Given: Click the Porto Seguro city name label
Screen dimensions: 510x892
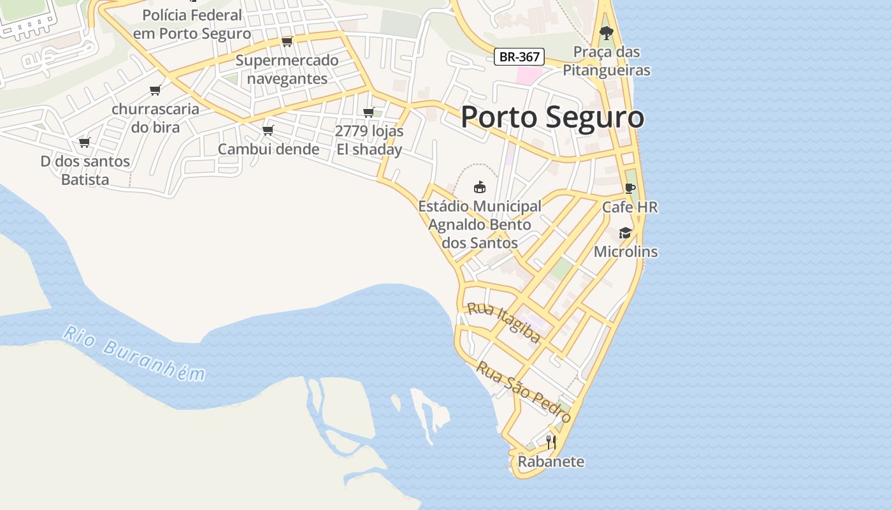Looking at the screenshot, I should pyautogui.click(x=552, y=118).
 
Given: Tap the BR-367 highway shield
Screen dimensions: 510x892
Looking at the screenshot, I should pyautogui.click(x=519, y=57).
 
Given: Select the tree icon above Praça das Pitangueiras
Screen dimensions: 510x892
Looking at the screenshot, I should pyautogui.click(x=606, y=33).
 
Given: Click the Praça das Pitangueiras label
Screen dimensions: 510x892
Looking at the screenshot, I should pyautogui.click(x=607, y=61).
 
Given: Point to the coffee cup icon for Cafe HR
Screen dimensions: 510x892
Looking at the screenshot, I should pyautogui.click(x=629, y=188).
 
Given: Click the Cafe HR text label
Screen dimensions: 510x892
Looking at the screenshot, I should pyautogui.click(x=629, y=207).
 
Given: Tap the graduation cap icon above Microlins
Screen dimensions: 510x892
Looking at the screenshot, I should pyautogui.click(x=625, y=233).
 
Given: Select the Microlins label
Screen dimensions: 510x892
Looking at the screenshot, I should pyautogui.click(x=625, y=252).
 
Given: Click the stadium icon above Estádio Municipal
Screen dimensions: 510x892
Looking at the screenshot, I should pyautogui.click(x=480, y=187).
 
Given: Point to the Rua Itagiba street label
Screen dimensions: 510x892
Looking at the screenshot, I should pyautogui.click(x=504, y=323).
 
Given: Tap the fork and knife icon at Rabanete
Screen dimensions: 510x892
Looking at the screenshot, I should pyautogui.click(x=551, y=442).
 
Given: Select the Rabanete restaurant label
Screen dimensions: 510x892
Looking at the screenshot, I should pyautogui.click(x=551, y=462).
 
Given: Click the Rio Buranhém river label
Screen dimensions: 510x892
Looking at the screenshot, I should pyautogui.click(x=134, y=353).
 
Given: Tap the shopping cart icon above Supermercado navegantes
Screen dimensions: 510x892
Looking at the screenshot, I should pyautogui.click(x=287, y=41).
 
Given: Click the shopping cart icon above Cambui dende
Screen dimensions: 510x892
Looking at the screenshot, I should pyautogui.click(x=268, y=130).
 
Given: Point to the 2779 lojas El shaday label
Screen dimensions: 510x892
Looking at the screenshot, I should pyautogui.click(x=369, y=140).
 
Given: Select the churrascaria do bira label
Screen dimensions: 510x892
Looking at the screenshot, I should pyautogui.click(x=155, y=118).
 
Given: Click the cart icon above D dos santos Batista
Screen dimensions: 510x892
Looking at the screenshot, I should pyautogui.click(x=84, y=142).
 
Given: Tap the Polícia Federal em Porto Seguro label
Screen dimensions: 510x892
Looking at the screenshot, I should pyautogui.click(x=192, y=24).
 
